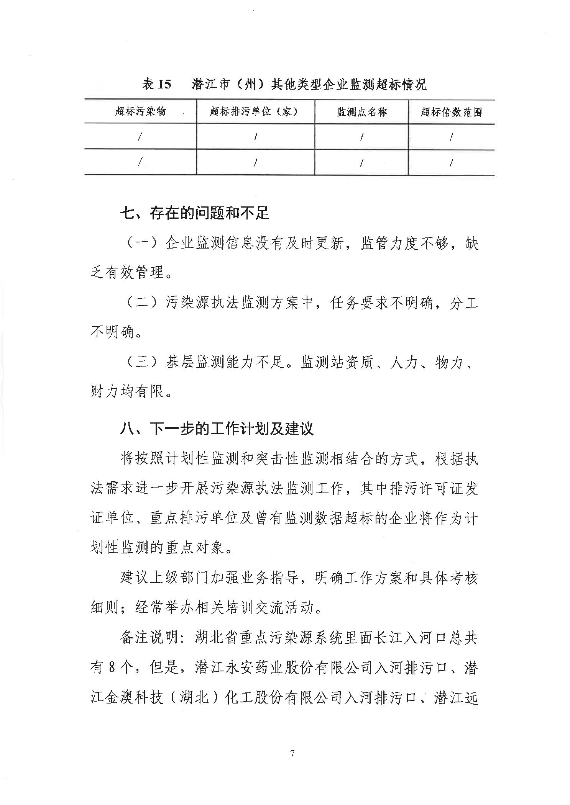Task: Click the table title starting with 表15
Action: pyautogui.click(x=284, y=84)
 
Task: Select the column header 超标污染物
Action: pyautogui.click(x=140, y=111)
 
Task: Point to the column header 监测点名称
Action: pyautogui.click(x=362, y=112)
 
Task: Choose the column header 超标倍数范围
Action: pyautogui.click(x=451, y=112)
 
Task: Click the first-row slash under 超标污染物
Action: pyautogui.click(x=140, y=136)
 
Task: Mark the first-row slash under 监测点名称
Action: pyautogui.click(x=361, y=137)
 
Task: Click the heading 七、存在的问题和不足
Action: pyautogui.click(x=195, y=213)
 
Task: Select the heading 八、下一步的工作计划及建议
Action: pyautogui.click(x=217, y=429)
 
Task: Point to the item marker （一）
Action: pyautogui.click(x=142, y=243)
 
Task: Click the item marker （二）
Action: pyautogui.click(x=142, y=303)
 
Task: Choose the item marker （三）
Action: pyautogui.click(x=142, y=362)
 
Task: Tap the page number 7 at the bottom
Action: pyautogui.click(x=292, y=753)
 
